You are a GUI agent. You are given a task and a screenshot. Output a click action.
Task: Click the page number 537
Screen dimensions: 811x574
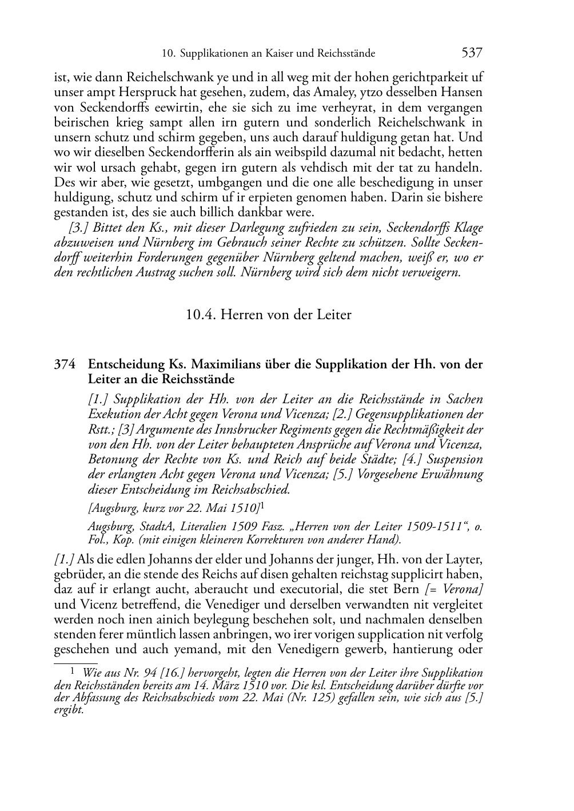point(472,53)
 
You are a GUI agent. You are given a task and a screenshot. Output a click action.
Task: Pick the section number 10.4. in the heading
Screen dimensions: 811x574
point(201,314)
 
